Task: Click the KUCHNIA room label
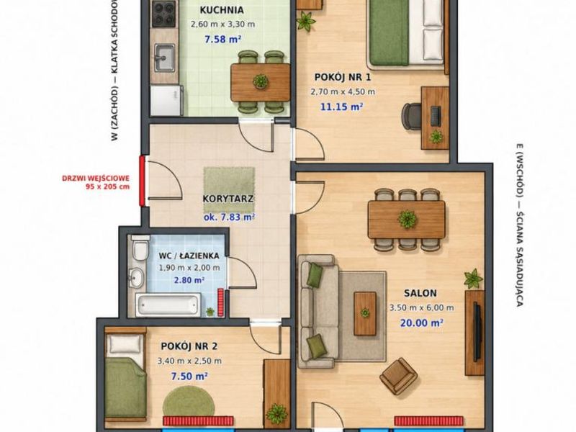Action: point(222,10)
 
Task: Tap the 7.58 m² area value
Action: point(223,40)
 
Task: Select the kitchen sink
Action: point(165,58)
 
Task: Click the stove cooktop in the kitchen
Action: point(164,14)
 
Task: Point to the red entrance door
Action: point(141,181)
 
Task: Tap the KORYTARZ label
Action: point(228,199)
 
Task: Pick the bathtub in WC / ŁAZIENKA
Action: point(168,305)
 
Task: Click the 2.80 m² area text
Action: point(189,280)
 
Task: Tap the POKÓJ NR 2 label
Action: point(189,346)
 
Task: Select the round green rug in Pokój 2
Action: point(189,402)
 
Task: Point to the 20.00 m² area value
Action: point(421,323)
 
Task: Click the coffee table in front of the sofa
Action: point(365,313)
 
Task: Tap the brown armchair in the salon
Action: point(398,377)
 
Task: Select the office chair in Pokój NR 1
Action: point(411,116)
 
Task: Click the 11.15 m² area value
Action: point(341,107)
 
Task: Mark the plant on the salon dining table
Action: point(407,220)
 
